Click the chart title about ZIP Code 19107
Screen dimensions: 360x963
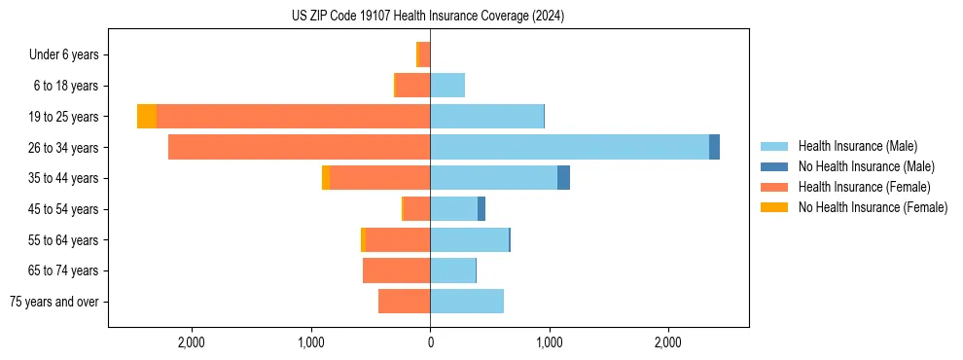coord(428,17)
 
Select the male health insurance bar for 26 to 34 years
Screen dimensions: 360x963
coord(569,147)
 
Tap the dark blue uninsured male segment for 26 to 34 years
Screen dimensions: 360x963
coord(714,147)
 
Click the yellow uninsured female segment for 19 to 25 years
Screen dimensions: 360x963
coord(147,117)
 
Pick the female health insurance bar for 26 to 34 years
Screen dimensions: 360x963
coord(300,147)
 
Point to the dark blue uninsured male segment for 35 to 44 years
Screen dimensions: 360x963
coord(563,178)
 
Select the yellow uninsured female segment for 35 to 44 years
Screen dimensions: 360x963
coord(326,178)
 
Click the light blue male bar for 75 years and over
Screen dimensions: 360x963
coord(467,302)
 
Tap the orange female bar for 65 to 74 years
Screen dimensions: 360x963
coord(397,270)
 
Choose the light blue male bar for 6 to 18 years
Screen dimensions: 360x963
coord(447,86)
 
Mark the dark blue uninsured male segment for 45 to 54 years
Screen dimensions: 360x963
coord(481,209)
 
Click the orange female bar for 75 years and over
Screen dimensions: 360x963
coord(405,302)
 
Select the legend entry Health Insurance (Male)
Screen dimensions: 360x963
coord(857,146)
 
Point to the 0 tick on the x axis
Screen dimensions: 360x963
coord(430,342)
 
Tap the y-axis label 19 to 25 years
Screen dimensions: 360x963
coord(64,117)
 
